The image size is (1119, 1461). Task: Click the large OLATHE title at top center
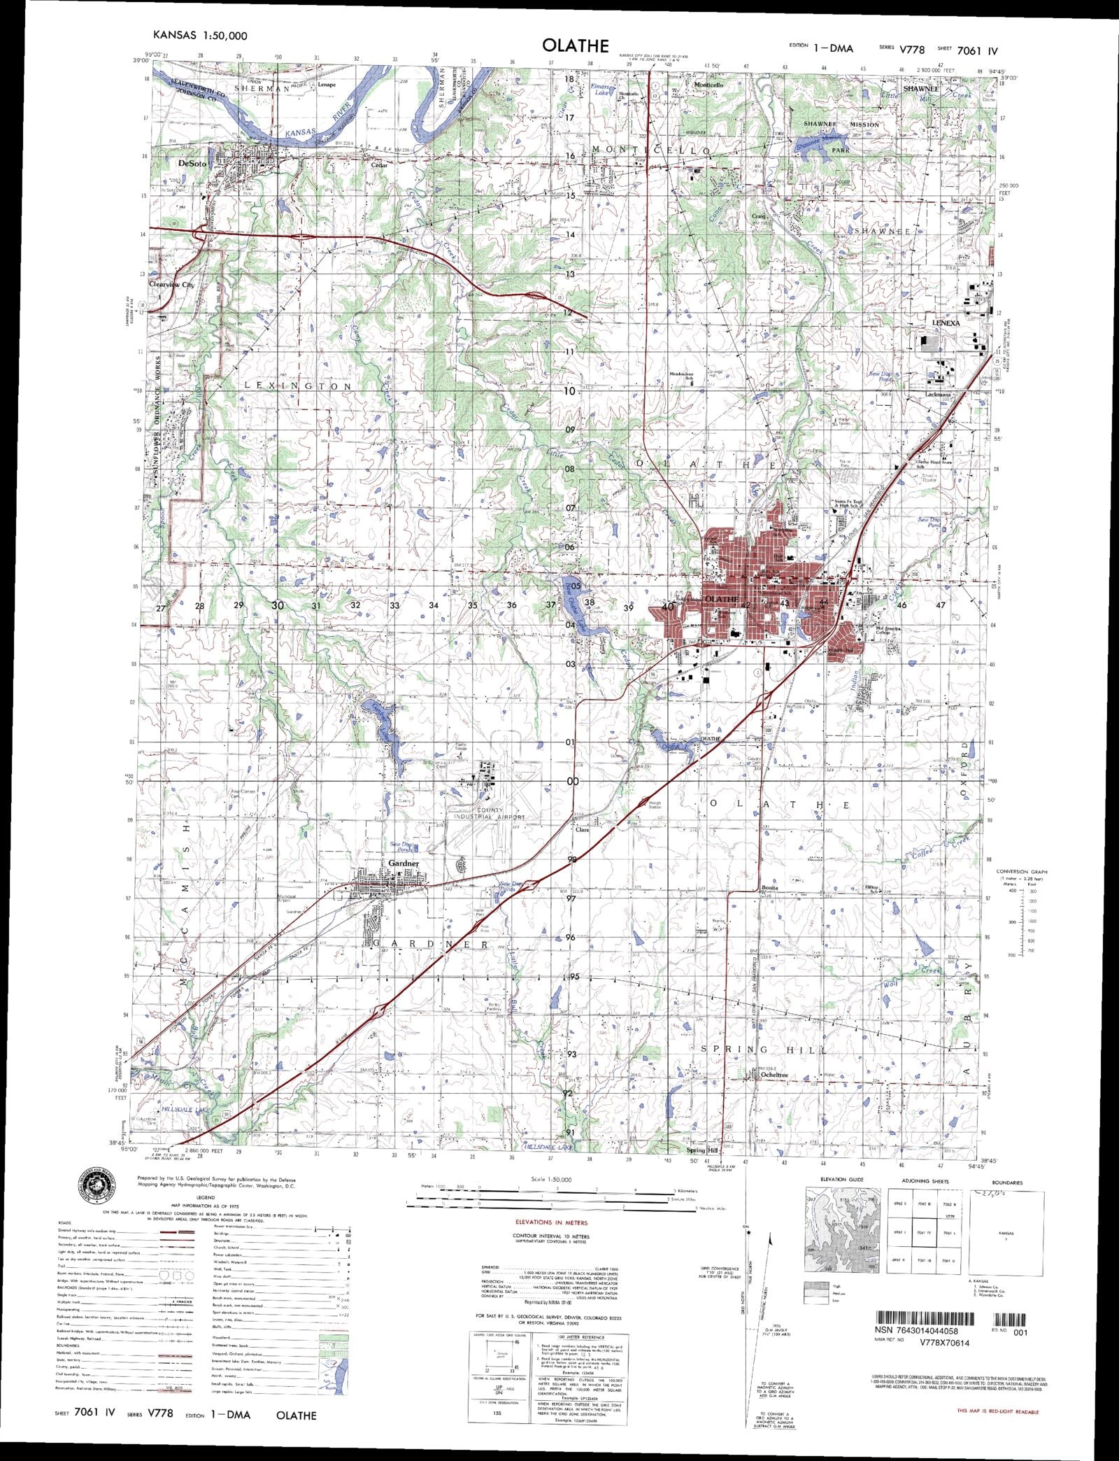(x=575, y=45)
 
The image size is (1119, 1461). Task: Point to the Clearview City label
(x=173, y=285)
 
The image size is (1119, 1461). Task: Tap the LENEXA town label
(x=946, y=324)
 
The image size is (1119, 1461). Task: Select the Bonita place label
(x=769, y=887)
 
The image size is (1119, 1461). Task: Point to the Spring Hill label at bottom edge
(x=702, y=1150)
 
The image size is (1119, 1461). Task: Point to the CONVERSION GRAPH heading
(x=1022, y=871)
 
